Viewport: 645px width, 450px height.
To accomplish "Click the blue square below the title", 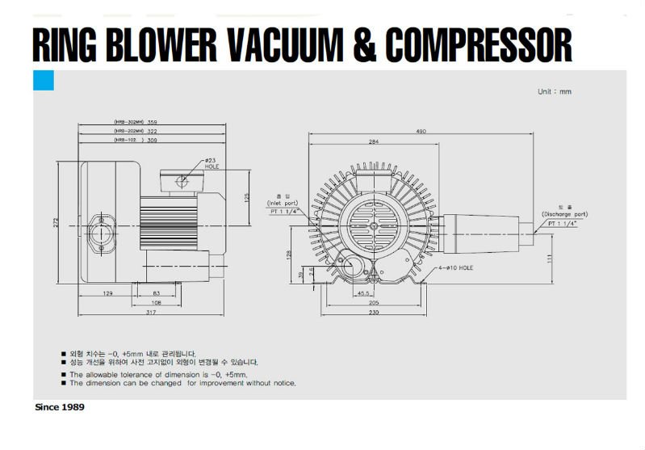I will pyautogui.click(x=43, y=81).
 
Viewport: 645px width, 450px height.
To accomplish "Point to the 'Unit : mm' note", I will pyautogui.click(x=554, y=91).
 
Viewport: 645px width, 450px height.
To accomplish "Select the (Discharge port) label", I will pyautogui.click(x=564, y=214).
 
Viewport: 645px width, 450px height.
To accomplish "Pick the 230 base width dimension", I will pyautogui.click(x=374, y=311).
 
